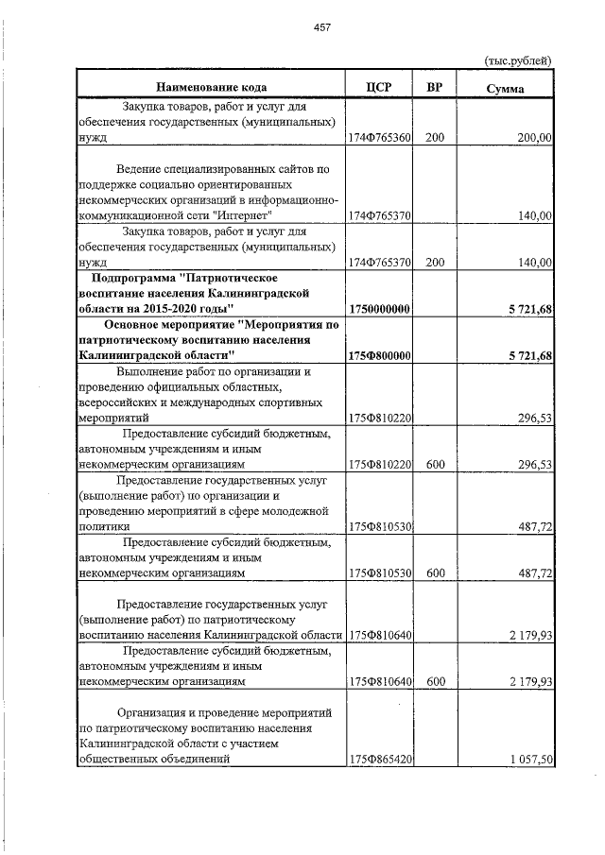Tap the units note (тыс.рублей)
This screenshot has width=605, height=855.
point(517,60)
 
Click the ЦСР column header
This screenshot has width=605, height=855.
point(378,88)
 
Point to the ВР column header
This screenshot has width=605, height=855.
point(435,88)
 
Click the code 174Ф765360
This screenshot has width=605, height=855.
point(379,138)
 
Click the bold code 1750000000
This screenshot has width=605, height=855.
point(379,309)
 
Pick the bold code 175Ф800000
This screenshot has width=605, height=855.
point(379,355)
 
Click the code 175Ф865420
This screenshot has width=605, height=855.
point(379,759)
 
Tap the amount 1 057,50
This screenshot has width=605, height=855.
point(530,759)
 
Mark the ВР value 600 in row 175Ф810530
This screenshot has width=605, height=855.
point(435,573)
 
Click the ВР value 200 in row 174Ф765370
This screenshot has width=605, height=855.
point(435,263)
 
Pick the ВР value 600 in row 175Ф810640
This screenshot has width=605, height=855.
point(435,680)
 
